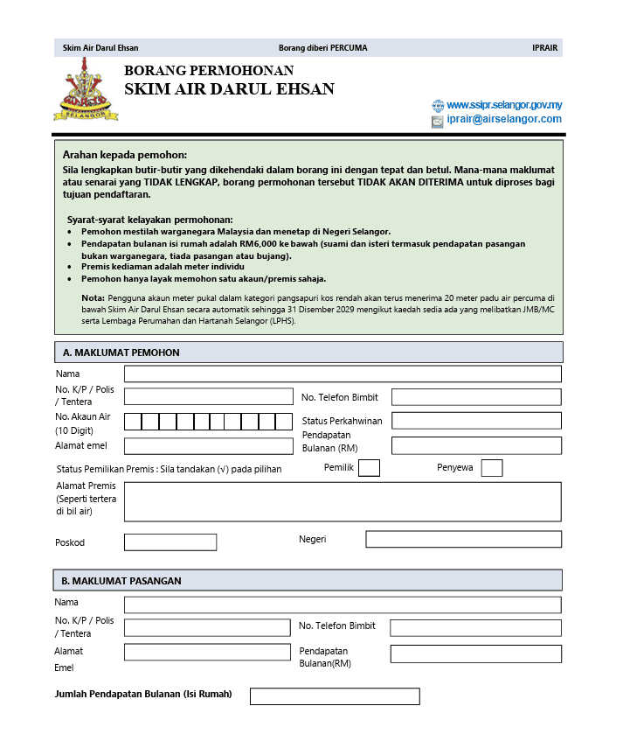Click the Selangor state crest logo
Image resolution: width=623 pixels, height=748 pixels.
[85, 90]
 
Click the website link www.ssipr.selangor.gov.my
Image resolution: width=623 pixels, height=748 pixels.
[503, 105]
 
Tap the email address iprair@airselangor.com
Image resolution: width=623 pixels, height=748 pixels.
[503, 120]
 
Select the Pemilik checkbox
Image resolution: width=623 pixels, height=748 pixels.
[369, 468]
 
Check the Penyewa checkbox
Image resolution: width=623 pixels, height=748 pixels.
[492, 468]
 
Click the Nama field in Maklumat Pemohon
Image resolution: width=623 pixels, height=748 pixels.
[343, 374]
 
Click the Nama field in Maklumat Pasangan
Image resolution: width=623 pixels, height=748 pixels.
[343, 605]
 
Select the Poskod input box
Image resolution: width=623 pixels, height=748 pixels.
[170, 542]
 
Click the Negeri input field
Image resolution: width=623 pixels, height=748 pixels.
[463, 539]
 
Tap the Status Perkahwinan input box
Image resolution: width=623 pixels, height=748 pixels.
[476, 421]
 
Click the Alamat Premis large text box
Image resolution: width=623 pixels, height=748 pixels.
[343, 501]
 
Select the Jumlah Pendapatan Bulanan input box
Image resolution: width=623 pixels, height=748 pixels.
[335, 696]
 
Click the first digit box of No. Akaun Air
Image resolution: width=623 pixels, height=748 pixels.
[133, 422]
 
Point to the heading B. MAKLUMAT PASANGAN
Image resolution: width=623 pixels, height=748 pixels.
[121, 581]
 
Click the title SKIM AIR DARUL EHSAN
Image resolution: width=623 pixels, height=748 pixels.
[229, 89]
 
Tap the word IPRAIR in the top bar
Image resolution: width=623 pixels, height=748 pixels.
[544, 48]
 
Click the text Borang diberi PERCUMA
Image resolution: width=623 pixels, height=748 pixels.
[322, 48]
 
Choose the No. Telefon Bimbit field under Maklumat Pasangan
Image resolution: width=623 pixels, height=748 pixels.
[475, 628]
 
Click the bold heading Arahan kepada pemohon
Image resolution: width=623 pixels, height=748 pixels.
[125, 154]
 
